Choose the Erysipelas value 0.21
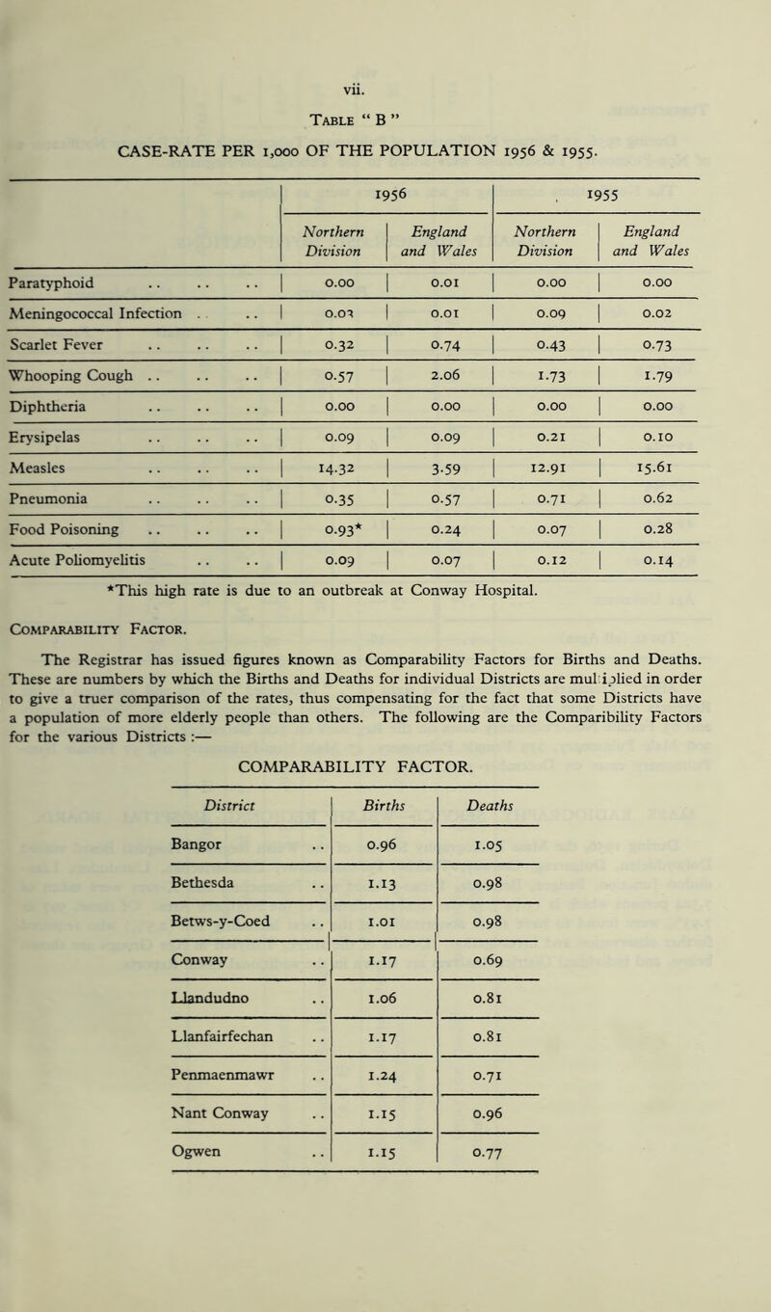coord(558,410)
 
